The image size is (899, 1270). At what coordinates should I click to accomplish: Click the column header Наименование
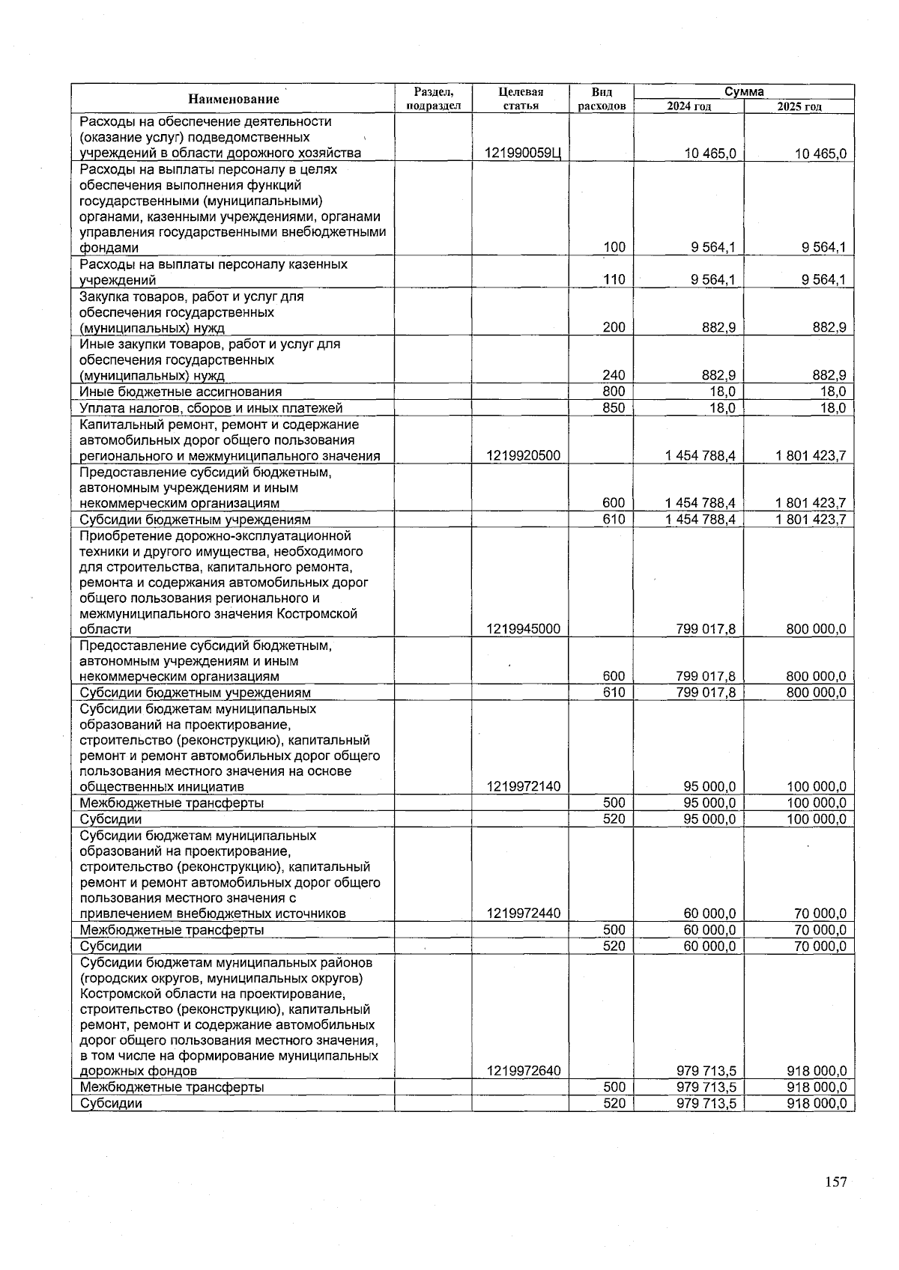click(x=233, y=99)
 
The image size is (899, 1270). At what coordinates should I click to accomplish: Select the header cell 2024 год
click(x=688, y=106)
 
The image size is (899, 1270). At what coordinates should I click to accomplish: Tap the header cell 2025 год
click(x=799, y=106)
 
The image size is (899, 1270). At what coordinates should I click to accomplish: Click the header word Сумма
click(x=744, y=91)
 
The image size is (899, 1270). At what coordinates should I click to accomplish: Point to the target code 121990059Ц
click(x=523, y=154)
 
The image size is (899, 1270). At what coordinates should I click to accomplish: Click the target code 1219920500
click(x=523, y=456)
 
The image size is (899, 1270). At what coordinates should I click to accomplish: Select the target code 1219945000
click(x=523, y=629)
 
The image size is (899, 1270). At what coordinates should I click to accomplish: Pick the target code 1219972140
click(x=523, y=786)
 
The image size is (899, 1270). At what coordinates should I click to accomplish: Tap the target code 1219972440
click(x=523, y=914)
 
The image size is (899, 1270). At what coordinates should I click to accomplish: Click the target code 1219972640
click(x=523, y=1071)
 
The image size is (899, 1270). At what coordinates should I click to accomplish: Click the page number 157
click(x=835, y=1182)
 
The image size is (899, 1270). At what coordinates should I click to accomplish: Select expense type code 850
click(x=614, y=408)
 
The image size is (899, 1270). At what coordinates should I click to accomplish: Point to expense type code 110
click(x=614, y=280)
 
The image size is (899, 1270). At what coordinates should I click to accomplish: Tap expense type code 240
click(x=614, y=375)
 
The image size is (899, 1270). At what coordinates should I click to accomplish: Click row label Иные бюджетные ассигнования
click(x=181, y=392)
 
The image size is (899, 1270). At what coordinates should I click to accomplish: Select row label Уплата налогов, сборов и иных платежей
click(x=211, y=408)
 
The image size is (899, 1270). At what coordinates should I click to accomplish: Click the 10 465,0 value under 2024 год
click(x=709, y=154)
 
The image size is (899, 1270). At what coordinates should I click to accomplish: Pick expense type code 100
click(x=614, y=248)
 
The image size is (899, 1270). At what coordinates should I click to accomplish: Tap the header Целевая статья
click(x=520, y=99)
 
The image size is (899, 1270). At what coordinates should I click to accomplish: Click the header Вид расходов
click(x=601, y=99)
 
